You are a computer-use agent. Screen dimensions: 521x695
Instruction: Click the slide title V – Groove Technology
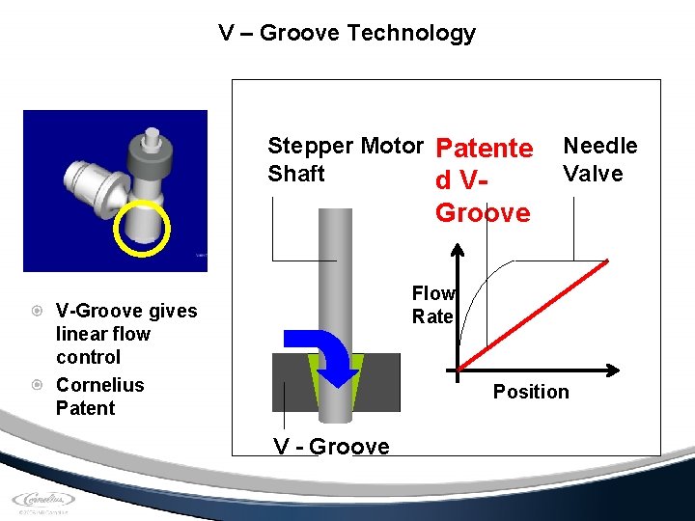coord(347,33)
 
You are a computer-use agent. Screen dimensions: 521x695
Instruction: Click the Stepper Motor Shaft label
coord(345,160)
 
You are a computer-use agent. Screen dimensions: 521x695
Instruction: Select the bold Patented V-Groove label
coord(484,180)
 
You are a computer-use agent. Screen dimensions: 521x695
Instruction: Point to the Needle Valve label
coord(599,160)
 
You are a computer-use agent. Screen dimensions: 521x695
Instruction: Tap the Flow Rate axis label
coord(432,305)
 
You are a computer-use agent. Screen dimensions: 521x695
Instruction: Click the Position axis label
coord(531,392)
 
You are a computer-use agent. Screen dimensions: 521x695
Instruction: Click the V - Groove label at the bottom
coord(331,447)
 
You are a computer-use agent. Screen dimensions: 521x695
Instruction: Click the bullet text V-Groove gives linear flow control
coord(125,334)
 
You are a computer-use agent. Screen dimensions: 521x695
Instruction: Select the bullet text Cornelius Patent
coord(99,397)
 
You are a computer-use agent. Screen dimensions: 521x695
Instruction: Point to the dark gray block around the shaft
coord(381,382)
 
